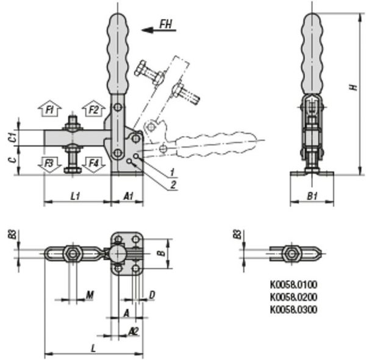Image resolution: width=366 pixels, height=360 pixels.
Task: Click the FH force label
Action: click(x=166, y=24)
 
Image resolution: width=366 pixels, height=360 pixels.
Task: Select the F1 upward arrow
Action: click(x=49, y=109)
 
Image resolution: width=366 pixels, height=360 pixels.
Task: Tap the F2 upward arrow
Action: click(x=93, y=109)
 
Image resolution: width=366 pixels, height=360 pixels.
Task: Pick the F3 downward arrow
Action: click(x=49, y=165)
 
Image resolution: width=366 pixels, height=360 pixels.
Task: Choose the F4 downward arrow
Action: click(x=93, y=165)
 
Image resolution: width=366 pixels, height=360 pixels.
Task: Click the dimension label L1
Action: click(x=75, y=196)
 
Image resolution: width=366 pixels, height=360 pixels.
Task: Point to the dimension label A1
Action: click(x=128, y=196)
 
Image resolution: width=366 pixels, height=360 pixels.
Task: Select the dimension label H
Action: click(x=354, y=87)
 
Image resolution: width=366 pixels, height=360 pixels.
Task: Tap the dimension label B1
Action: click(x=312, y=196)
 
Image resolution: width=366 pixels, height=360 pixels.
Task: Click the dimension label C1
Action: click(x=13, y=137)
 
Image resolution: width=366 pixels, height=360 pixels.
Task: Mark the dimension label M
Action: click(x=90, y=295)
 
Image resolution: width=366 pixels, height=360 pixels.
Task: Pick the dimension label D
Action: click(x=152, y=295)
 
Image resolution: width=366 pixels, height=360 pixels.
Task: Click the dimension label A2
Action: click(x=134, y=331)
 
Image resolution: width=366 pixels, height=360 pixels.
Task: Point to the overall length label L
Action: click(x=93, y=349)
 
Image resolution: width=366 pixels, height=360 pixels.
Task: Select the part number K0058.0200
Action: click(x=294, y=297)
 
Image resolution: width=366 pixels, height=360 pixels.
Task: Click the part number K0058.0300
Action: click(x=294, y=310)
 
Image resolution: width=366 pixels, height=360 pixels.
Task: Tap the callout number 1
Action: click(x=172, y=172)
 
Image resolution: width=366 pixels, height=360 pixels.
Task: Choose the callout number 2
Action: click(x=173, y=185)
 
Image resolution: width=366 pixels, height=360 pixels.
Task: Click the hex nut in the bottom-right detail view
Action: click(x=291, y=254)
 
